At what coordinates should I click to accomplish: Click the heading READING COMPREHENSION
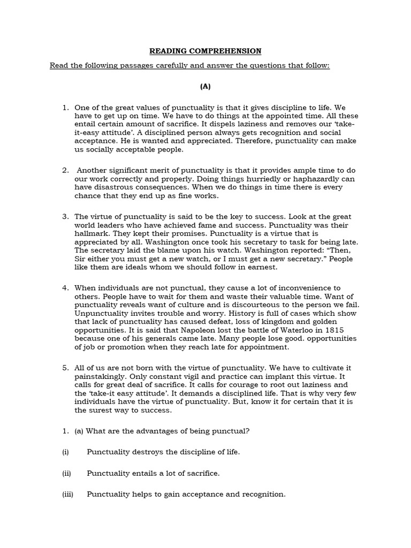(x=205, y=51)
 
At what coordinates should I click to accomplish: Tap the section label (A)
(x=205, y=86)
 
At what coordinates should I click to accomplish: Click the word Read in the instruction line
(x=59, y=66)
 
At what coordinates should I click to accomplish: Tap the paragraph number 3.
(x=65, y=216)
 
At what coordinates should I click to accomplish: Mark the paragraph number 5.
(x=65, y=367)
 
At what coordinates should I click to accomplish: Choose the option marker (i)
(x=66, y=452)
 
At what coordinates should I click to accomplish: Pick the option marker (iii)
(x=67, y=494)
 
